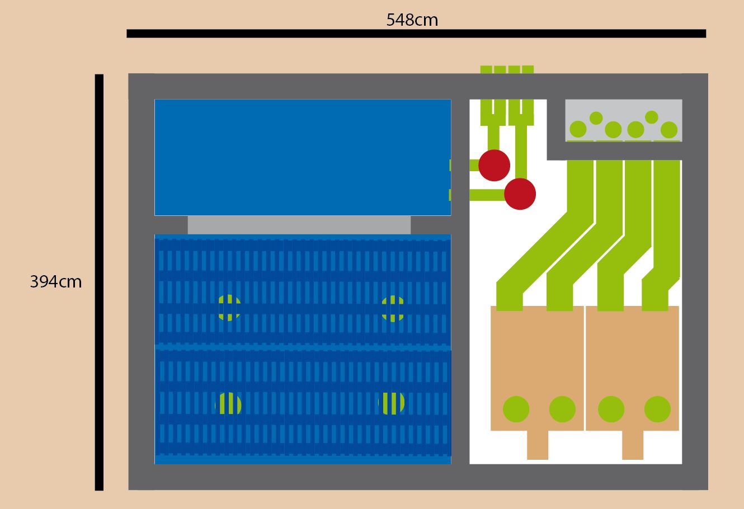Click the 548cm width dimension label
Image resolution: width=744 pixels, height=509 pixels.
[412, 20]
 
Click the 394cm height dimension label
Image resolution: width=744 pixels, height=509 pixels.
[55, 282]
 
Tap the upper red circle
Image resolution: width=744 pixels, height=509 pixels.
[495, 165]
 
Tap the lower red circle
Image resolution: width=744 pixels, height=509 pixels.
[520, 194]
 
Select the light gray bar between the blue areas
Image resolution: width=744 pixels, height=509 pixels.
[299, 225]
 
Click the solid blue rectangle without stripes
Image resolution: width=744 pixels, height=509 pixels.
[302, 157]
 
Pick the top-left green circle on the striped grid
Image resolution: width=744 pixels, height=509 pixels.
[228, 308]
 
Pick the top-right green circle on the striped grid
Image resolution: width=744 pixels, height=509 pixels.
[393, 309]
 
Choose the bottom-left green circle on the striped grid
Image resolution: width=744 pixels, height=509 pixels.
[228, 404]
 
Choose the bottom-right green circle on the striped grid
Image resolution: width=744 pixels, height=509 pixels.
[392, 403]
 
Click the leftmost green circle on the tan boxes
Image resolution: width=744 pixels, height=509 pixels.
[516, 409]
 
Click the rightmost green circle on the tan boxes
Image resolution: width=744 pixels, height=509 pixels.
[657, 409]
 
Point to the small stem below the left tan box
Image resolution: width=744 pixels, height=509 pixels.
[538, 445]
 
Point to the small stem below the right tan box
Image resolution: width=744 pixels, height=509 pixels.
[633, 445]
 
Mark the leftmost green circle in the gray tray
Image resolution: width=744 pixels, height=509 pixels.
[578, 130]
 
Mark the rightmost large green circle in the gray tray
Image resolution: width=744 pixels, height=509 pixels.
[669, 130]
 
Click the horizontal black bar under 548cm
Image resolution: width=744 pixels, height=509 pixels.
[416, 34]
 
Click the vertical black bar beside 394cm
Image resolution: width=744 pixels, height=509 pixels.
[99, 282]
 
